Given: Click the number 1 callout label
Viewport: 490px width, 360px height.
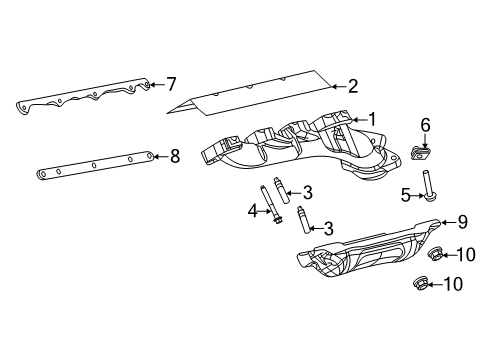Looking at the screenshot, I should pyautogui.click(x=372, y=119).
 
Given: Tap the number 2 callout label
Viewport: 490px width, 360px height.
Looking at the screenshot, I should pyautogui.click(x=352, y=86).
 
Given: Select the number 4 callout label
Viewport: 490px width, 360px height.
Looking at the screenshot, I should pyautogui.click(x=254, y=210).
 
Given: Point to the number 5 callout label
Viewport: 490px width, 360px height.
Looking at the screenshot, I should pyautogui.click(x=406, y=196).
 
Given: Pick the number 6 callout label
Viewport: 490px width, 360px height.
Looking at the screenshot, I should pyautogui.click(x=425, y=124).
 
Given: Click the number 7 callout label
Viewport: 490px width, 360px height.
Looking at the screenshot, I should pyautogui.click(x=171, y=82).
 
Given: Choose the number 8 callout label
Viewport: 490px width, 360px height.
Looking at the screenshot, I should pyautogui.click(x=174, y=155).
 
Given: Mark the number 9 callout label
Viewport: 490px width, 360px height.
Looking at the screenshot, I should pyautogui.click(x=462, y=222).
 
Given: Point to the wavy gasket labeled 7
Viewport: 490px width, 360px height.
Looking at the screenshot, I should pyautogui.click(x=80, y=96).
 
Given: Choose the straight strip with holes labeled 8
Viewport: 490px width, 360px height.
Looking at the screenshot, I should pyautogui.click(x=95, y=165).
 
